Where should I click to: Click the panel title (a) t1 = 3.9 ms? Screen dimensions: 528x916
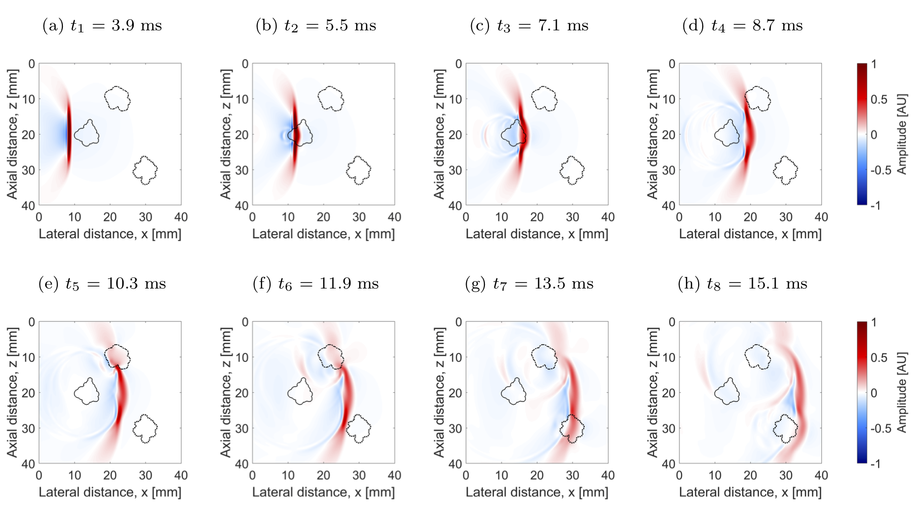[x=102, y=25]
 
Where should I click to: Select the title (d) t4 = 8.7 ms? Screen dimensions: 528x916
[x=742, y=25]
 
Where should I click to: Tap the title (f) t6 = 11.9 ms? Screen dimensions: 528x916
[x=316, y=284]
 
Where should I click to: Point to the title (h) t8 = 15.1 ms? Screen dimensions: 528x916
[x=742, y=284]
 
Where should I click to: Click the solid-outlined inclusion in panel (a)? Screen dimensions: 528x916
[x=87, y=134]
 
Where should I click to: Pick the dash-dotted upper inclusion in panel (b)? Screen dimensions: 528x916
[x=331, y=98]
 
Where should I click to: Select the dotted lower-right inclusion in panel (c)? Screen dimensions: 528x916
[x=572, y=170]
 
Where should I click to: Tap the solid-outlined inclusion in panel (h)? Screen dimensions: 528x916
[x=727, y=392]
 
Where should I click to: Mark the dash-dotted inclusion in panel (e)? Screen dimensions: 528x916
[x=117, y=356]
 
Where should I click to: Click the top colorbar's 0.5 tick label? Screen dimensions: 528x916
[x=879, y=99]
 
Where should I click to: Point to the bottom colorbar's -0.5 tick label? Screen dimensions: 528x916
[x=881, y=428]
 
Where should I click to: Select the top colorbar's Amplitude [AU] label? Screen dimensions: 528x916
[x=902, y=134]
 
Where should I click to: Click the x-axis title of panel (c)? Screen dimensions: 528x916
[x=537, y=234]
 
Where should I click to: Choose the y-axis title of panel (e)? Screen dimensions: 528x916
[x=12, y=392]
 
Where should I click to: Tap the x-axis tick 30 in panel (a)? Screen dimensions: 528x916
[x=145, y=217]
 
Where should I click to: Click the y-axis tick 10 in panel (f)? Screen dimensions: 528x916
[x=242, y=357]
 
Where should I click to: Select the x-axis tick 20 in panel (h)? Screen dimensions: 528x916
[x=750, y=475]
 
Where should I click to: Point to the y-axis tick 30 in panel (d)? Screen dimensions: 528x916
[x=669, y=170]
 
